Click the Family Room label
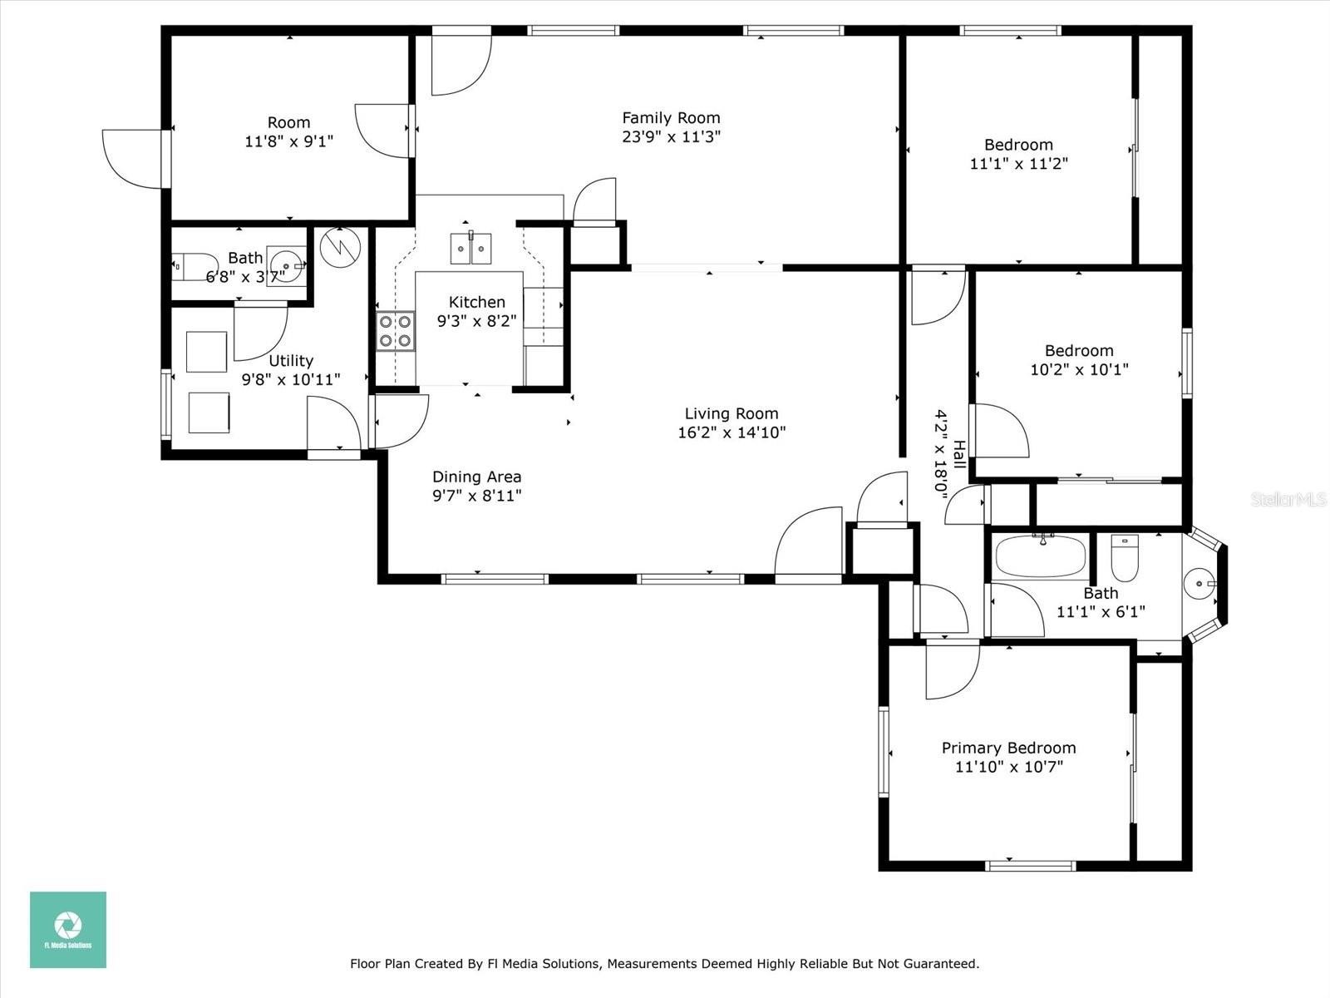pos(671,117)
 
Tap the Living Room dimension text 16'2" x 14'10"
pos(731,432)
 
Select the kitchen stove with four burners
pos(396,331)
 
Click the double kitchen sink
pos(470,249)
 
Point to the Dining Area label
pos(477,477)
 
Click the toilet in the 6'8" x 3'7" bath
pos(194,267)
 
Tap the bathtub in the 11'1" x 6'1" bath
pos(1041,556)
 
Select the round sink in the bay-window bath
pos(1199,584)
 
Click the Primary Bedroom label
pos(1009,748)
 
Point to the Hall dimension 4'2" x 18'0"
pos(941,454)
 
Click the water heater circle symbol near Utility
pos(341,247)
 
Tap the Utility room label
pos(291,361)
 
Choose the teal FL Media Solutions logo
pos(68,930)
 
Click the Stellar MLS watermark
pos(1288,499)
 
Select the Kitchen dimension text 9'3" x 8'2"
pos(477,320)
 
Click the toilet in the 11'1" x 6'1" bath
pos(1125,558)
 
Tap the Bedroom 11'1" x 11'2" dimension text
pos(1018,164)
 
